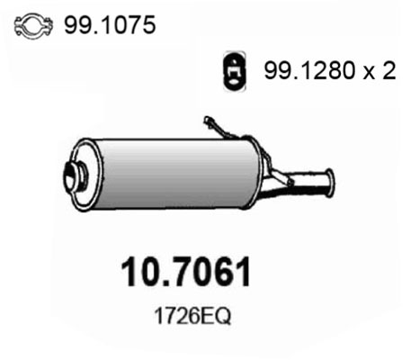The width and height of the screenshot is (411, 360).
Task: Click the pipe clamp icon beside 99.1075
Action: click(x=33, y=26)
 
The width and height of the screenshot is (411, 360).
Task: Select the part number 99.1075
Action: click(x=110, y=24)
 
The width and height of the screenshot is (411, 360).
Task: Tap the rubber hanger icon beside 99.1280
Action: click(x=235, y=71)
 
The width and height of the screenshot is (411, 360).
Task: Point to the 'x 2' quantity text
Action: click(x=380, y=71)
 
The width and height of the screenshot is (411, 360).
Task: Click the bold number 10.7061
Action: click(x=186, y=273)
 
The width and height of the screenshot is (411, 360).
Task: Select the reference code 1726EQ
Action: click(x=192, y=316)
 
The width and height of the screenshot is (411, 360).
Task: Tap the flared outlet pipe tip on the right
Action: click(x=329, y=183)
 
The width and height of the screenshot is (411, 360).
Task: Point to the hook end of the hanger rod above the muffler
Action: click(x=208, y=121)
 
